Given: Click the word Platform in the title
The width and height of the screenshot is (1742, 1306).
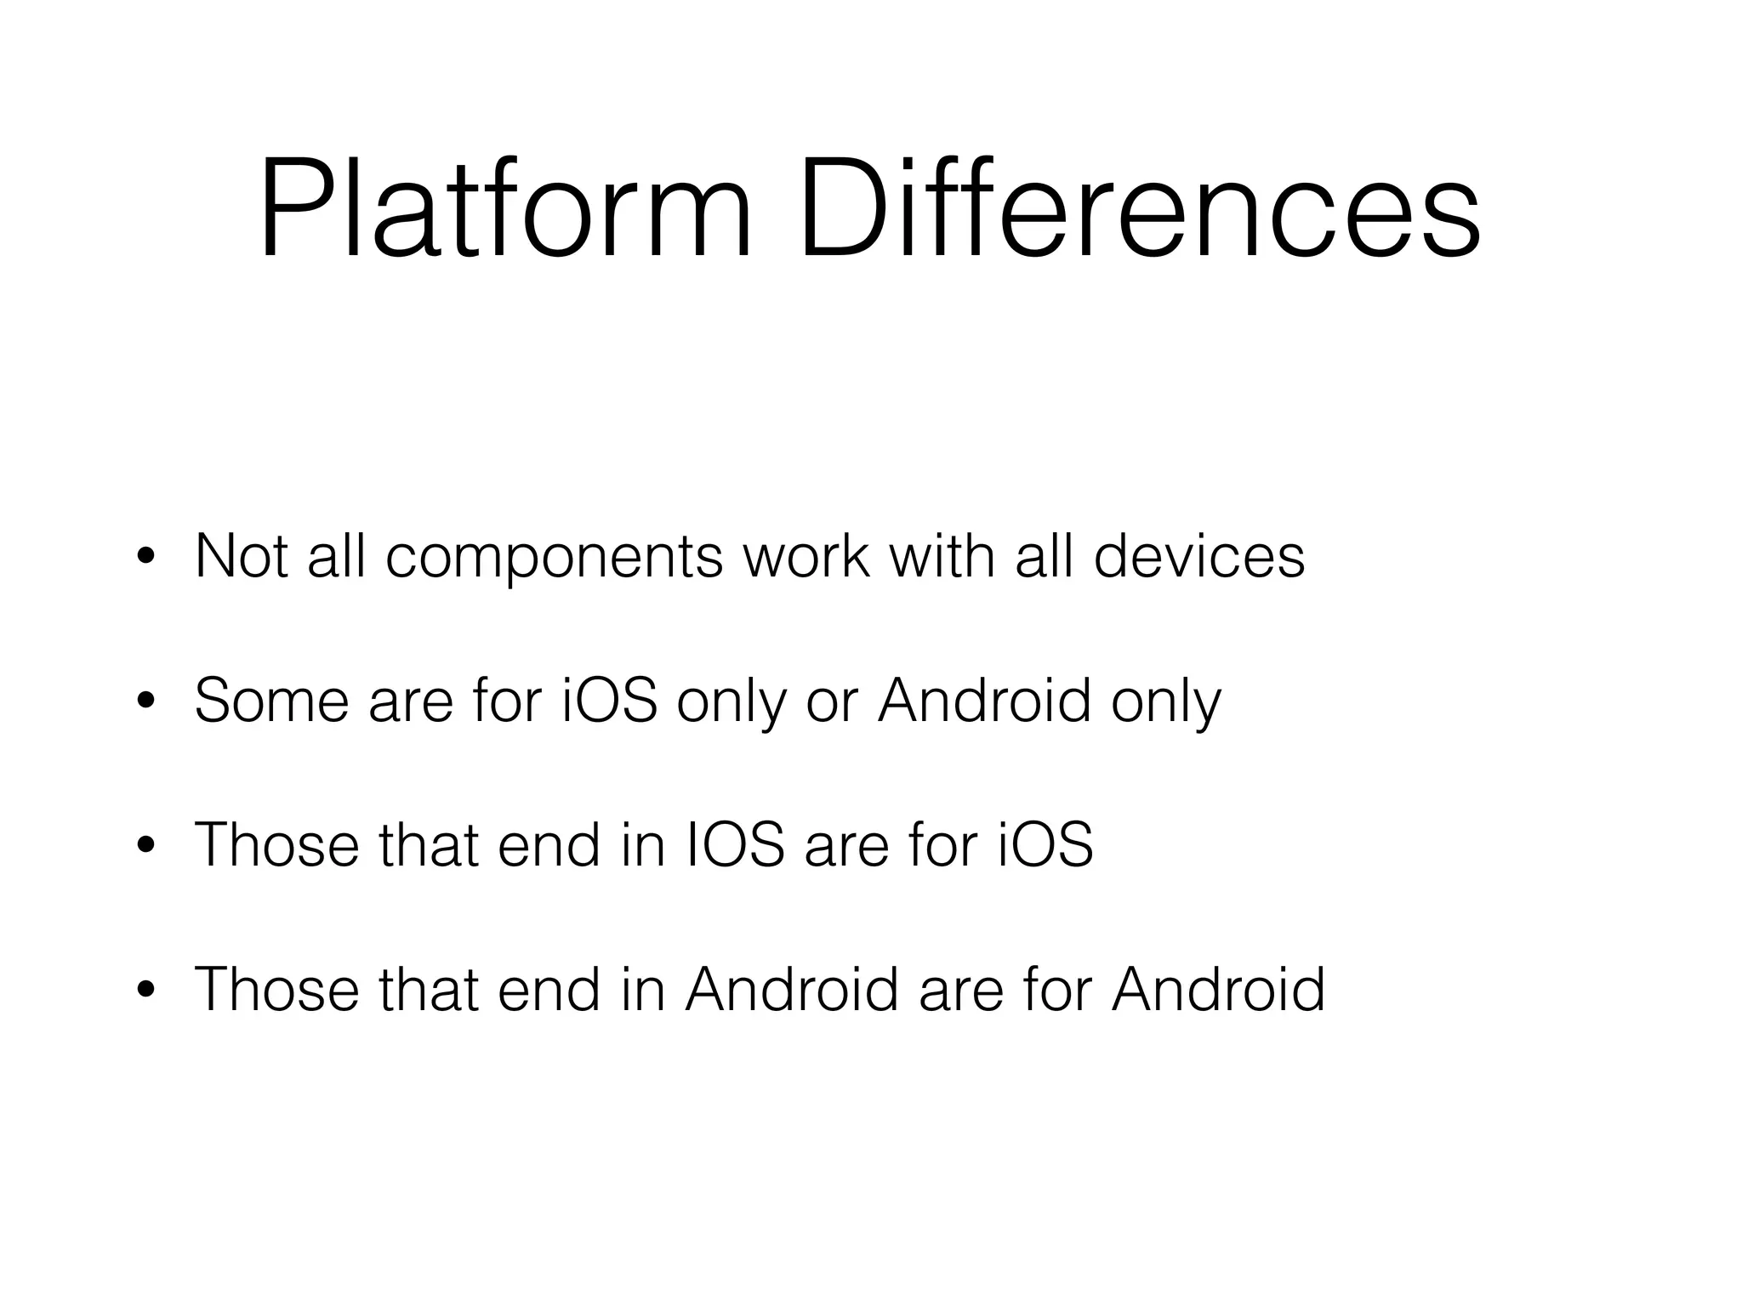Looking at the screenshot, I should (505, 209).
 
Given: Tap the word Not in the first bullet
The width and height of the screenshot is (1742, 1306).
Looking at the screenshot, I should (241, 556).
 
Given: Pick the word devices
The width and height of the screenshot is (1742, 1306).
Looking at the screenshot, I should (1198, 556).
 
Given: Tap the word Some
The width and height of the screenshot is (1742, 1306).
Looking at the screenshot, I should (271, 701).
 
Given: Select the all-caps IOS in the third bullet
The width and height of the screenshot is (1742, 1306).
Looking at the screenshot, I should (735, 845).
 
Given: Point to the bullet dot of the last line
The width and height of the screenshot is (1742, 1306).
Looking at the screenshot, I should (146, 991).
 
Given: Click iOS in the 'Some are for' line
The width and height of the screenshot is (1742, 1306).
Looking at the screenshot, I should (611, 701).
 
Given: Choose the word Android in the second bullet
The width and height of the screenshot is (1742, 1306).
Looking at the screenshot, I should (984, 701).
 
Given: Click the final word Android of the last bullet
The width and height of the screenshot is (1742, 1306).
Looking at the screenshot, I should (1218, 990).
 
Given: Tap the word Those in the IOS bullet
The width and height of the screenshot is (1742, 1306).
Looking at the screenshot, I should (277, 845).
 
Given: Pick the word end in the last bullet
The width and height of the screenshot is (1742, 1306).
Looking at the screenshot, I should (549, 990).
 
